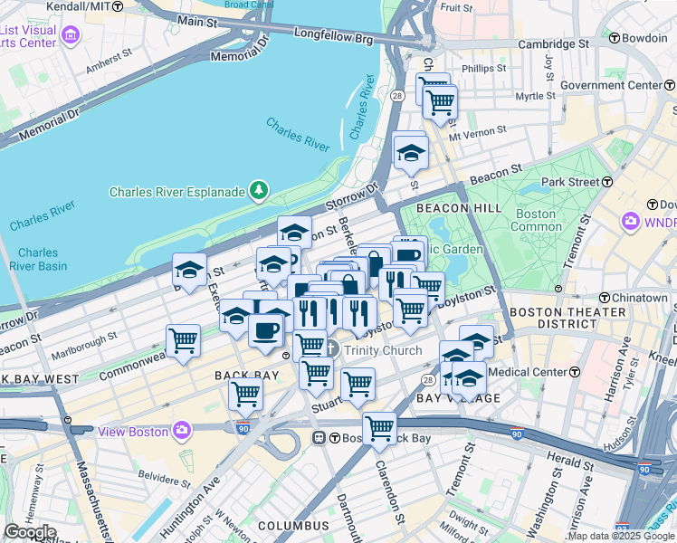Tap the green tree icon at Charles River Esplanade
point(259,189)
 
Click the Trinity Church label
point(382,350)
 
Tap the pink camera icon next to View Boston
point(182,430)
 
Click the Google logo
point(31,531)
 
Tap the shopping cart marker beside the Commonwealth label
point(183,342)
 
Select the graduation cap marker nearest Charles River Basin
point(190,269)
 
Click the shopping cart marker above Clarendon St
point(379,428)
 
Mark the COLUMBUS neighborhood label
point(292,526)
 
